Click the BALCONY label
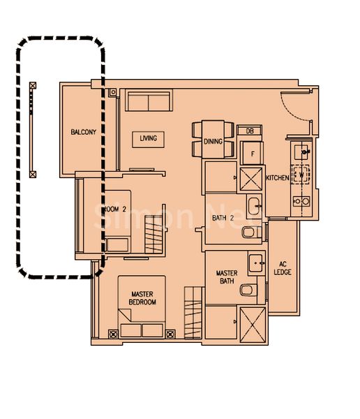(82, 132)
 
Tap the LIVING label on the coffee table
(148, 138)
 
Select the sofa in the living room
(149, 103)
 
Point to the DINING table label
(213, 141)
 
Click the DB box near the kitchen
(249, 131)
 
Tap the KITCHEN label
(277, 178)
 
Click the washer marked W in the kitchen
(302, 173)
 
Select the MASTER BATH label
(227, 278)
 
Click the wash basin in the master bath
(255, 263)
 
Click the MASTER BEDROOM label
(142, 298)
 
